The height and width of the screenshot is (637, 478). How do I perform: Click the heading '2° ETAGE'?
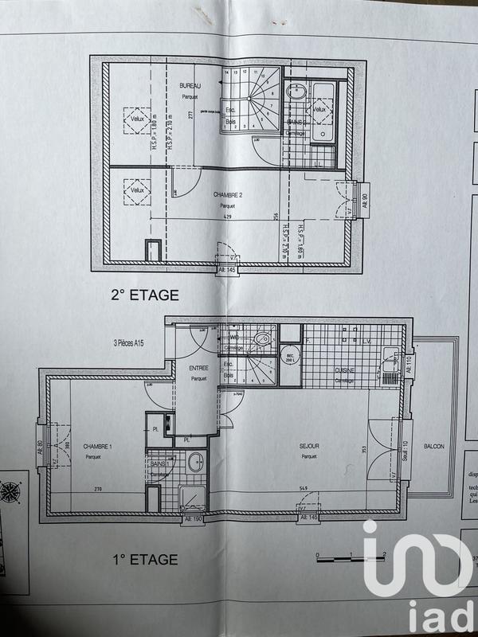point(145,295)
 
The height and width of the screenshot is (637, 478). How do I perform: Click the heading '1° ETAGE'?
point(145,559)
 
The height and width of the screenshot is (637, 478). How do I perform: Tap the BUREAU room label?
point(189,85)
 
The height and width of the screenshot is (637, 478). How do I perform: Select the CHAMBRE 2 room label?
point(229,194)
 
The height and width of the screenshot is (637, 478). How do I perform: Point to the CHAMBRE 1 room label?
point(97,447)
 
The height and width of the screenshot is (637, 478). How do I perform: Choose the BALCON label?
point(434,447)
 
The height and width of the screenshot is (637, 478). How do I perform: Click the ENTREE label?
point(198,369)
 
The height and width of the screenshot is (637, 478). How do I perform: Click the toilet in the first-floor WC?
point(261,341)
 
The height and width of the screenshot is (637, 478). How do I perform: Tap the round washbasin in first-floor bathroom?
point(194,462)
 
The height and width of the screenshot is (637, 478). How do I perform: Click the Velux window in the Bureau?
point(132,121)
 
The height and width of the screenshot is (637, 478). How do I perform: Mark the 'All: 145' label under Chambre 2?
point(228,271)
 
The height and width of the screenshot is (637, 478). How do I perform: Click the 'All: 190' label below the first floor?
point(194,518)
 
